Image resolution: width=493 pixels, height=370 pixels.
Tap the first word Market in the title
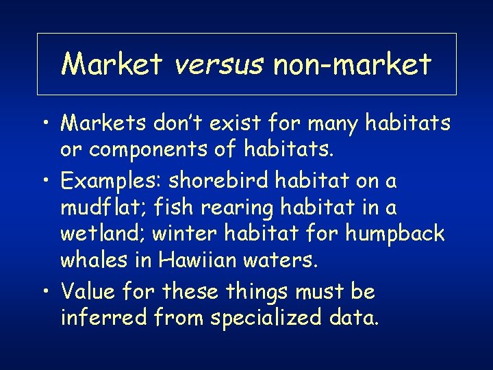coord(112,64)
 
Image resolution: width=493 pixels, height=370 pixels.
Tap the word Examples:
coord(111,182)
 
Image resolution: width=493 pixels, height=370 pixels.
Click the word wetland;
coord(103,234)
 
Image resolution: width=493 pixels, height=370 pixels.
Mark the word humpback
coord(396,234)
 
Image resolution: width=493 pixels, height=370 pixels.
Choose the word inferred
coord(101,318)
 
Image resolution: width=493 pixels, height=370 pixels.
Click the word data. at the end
coord(354,318)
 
